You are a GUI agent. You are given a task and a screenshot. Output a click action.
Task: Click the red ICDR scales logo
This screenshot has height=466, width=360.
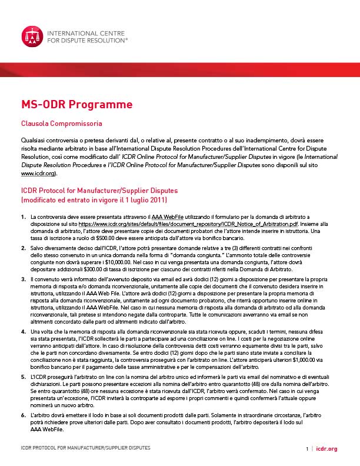[31, 36]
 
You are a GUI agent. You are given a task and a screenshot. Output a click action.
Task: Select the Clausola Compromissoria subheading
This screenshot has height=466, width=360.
[62, 124]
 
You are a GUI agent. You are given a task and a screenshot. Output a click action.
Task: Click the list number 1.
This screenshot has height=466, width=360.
[23, 218]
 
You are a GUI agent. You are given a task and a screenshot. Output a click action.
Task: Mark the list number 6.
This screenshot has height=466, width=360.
[23, 415]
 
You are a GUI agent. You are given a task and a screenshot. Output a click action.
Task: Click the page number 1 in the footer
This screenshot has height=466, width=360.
[306, 449]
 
